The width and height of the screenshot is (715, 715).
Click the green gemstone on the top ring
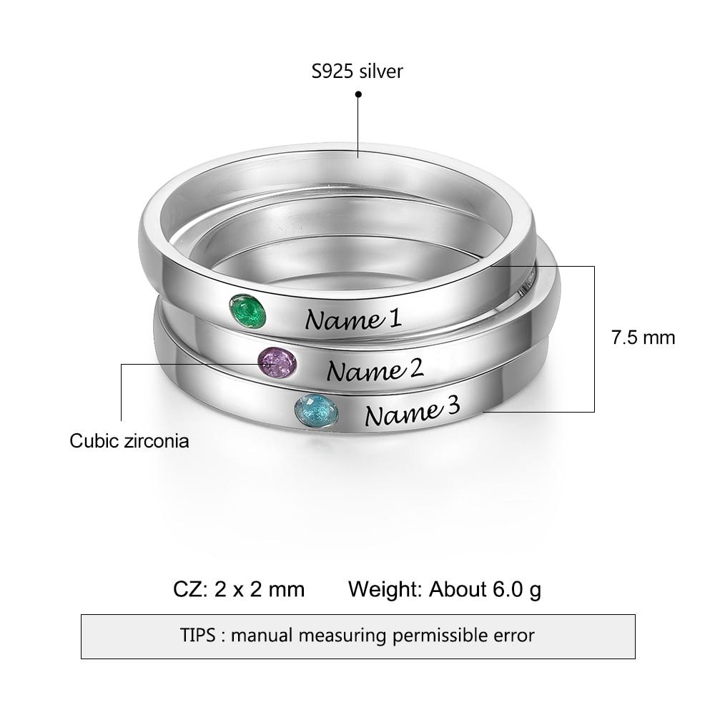coord(247,312)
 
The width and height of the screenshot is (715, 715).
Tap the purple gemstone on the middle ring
coord(277,363)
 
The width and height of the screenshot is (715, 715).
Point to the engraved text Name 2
coord(375,370)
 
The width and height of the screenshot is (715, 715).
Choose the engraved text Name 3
coord(412,413)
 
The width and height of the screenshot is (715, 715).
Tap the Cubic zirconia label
coord(129,440)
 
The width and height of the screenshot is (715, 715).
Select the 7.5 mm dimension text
coord(643,337)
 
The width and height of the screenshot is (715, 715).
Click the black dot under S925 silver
coord(358,94)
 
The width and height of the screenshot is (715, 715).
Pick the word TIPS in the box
coord(201,634)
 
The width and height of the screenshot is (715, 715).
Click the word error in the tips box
coord(511,634)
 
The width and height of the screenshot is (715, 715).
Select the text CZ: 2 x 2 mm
coord(239,589)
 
